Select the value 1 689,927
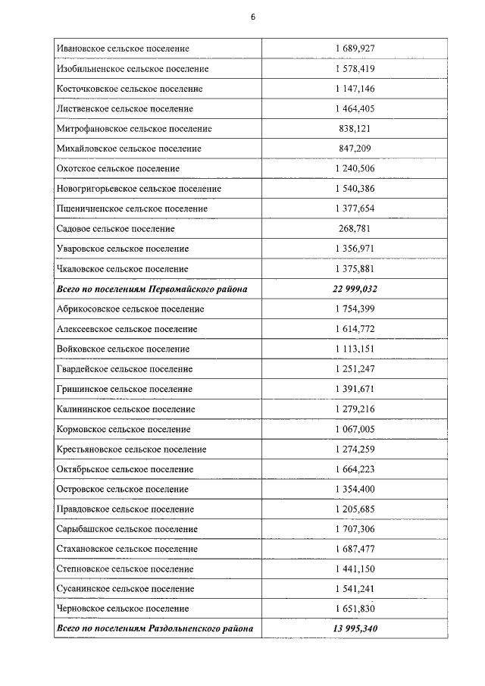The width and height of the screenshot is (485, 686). click(355, 49)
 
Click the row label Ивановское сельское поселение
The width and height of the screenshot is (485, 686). click(123, 49)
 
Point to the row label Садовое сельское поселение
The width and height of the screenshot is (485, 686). click(115, 229)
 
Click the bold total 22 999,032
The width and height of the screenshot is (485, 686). click(355, 290)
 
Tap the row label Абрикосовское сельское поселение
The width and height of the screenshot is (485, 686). click(130, 309)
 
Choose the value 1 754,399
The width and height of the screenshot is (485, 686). click(355, 309)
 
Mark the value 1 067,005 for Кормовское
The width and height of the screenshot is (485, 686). click(355, 429)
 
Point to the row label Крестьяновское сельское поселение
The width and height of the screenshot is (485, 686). click(131, 450)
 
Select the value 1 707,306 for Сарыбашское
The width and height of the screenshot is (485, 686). click(355, 529)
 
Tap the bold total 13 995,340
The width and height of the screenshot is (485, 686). click(355, 629)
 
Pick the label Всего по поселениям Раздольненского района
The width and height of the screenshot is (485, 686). click(155, 629)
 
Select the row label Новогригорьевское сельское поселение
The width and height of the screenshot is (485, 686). click(139, 189)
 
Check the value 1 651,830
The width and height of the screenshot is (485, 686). click(355, 609)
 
